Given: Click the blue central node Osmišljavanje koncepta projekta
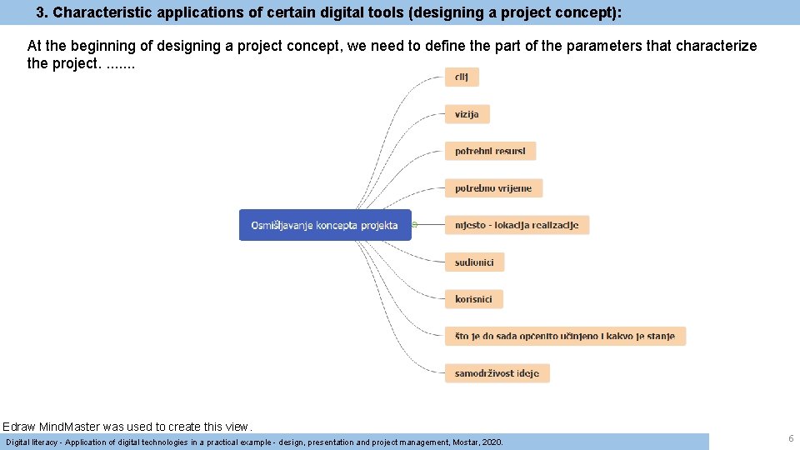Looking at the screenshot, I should (x=325, y=225).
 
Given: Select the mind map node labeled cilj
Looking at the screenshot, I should (x=462, y=77).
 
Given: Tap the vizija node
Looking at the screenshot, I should (x=467, y=114).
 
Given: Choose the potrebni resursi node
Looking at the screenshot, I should (x=490, y=151).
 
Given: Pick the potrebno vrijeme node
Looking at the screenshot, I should (x=493, y=188).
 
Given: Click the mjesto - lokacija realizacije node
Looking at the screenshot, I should (x=517, y=225).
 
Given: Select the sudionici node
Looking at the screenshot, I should (x=474, y=262).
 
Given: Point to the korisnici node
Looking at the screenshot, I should (x=473, y=299).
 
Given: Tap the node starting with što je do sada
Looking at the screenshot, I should (x=565, y=336).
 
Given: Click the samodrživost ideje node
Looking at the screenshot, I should (x=497, y=373).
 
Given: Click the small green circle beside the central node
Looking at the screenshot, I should (x=414, y=224).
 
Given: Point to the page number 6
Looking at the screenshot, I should (x=790, y=438).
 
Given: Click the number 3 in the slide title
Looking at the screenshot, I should (x=40, y=13).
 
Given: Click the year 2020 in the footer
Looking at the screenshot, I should (x=493, y=442).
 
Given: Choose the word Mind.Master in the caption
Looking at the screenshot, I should (x=71, y=427).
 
